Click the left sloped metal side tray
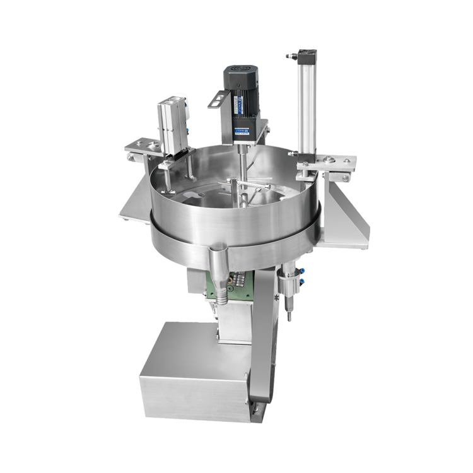click(x=136, y=202)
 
